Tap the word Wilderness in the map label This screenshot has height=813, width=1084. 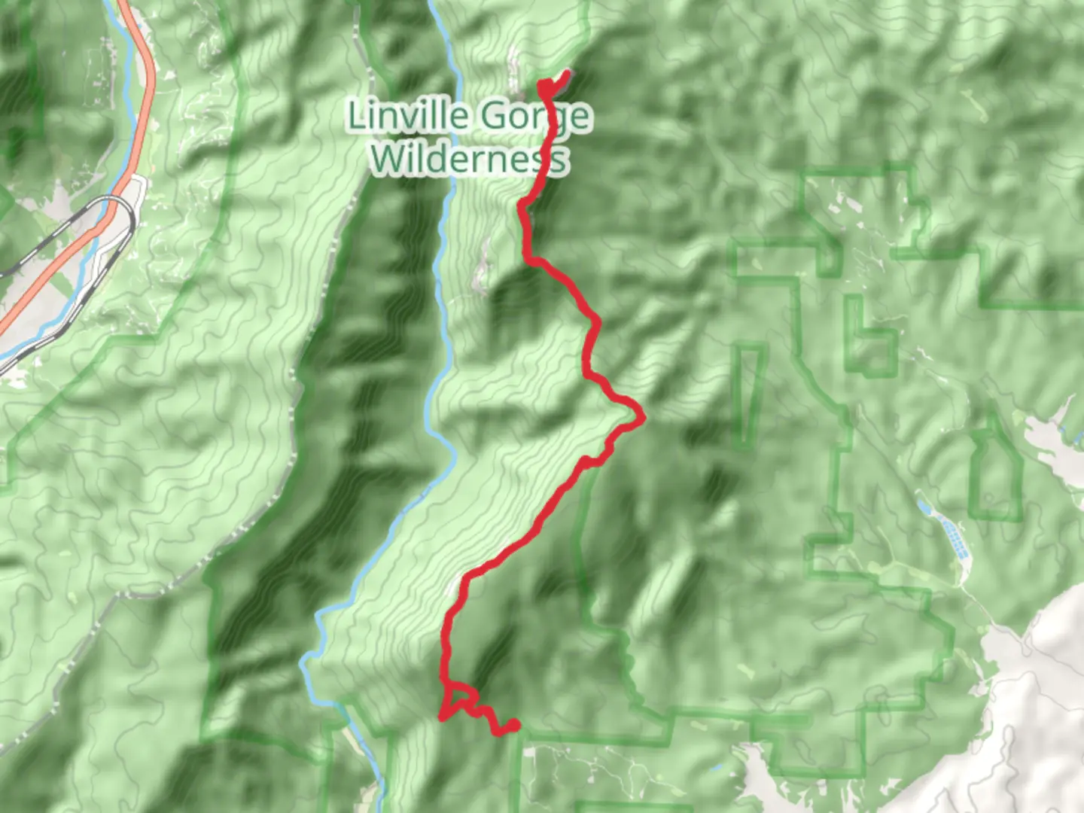click(468, 160)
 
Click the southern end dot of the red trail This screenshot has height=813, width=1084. click(514, 725)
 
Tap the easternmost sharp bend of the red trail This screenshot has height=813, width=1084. click(641, 416)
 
